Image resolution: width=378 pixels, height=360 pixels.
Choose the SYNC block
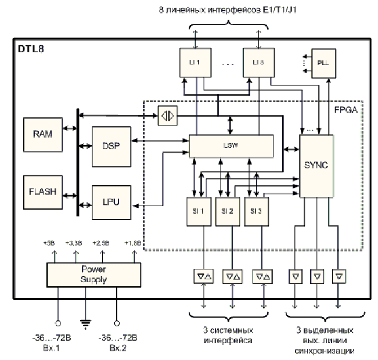[x=316, y=165]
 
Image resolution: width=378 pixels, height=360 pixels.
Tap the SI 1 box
[x=199, y=210]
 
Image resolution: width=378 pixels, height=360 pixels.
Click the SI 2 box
[x=228, y=210]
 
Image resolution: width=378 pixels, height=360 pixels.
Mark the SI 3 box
[x=257, y=210]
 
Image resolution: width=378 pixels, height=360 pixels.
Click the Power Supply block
[x=93, y=275]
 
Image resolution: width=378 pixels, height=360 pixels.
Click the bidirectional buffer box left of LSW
[x=167, y=116]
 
